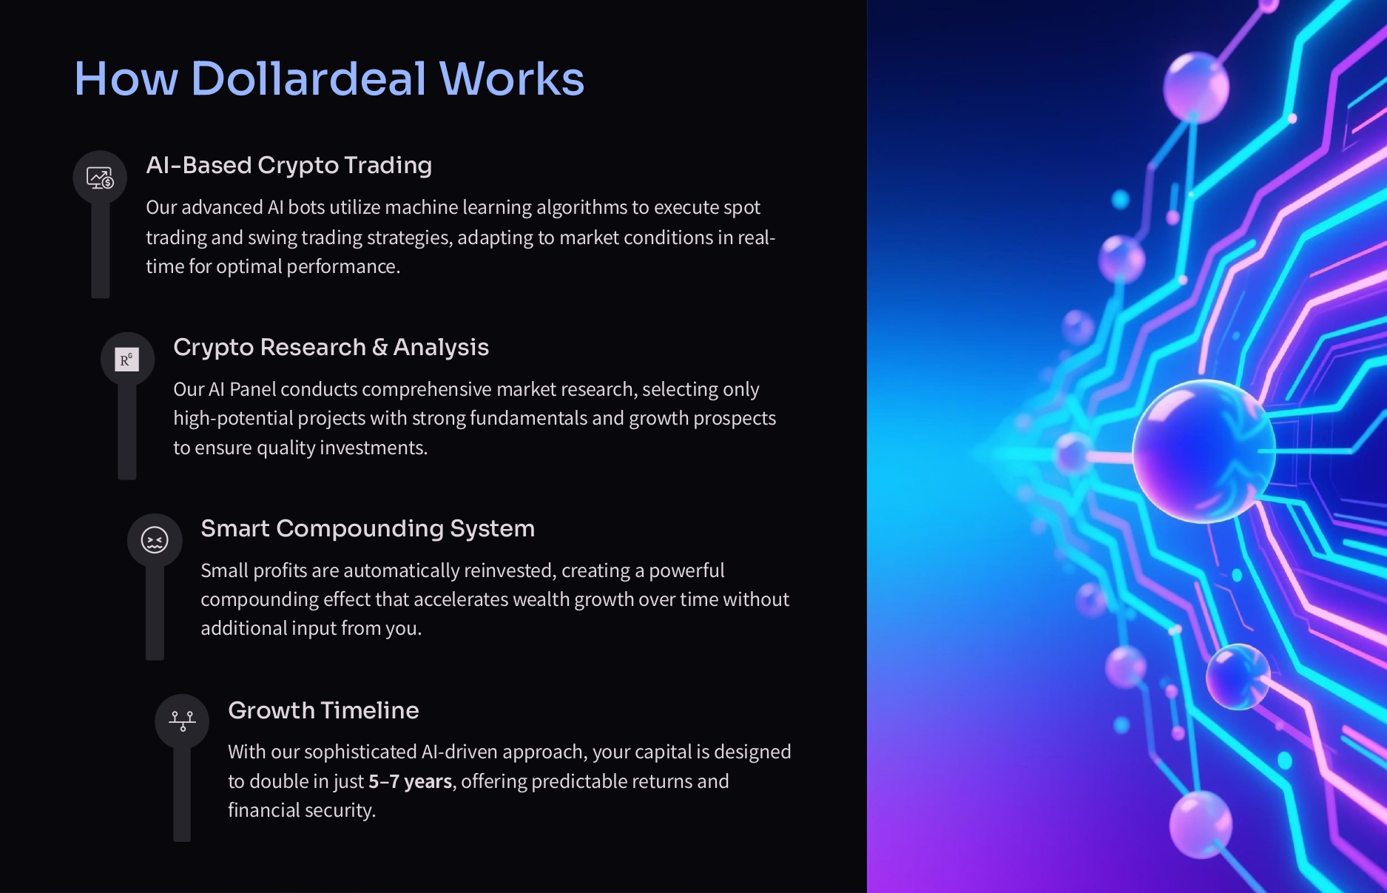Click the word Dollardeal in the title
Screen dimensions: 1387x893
308,78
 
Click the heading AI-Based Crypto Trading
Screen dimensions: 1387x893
288,165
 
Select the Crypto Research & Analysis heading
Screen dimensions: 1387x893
331,347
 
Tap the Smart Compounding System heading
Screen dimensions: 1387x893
368,528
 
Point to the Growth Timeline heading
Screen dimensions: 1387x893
323,710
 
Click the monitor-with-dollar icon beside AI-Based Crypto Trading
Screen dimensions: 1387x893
100,178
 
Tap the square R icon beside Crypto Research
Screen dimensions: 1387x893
127,360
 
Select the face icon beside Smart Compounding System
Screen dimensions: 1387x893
155,540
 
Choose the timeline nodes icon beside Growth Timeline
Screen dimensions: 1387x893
182,721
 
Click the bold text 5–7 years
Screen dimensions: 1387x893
411,781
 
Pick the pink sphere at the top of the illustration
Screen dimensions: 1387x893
1196,87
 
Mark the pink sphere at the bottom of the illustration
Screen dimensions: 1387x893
1201,824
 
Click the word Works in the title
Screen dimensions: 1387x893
512,78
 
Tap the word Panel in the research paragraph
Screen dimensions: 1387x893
252,389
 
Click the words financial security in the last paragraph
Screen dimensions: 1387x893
302,810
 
